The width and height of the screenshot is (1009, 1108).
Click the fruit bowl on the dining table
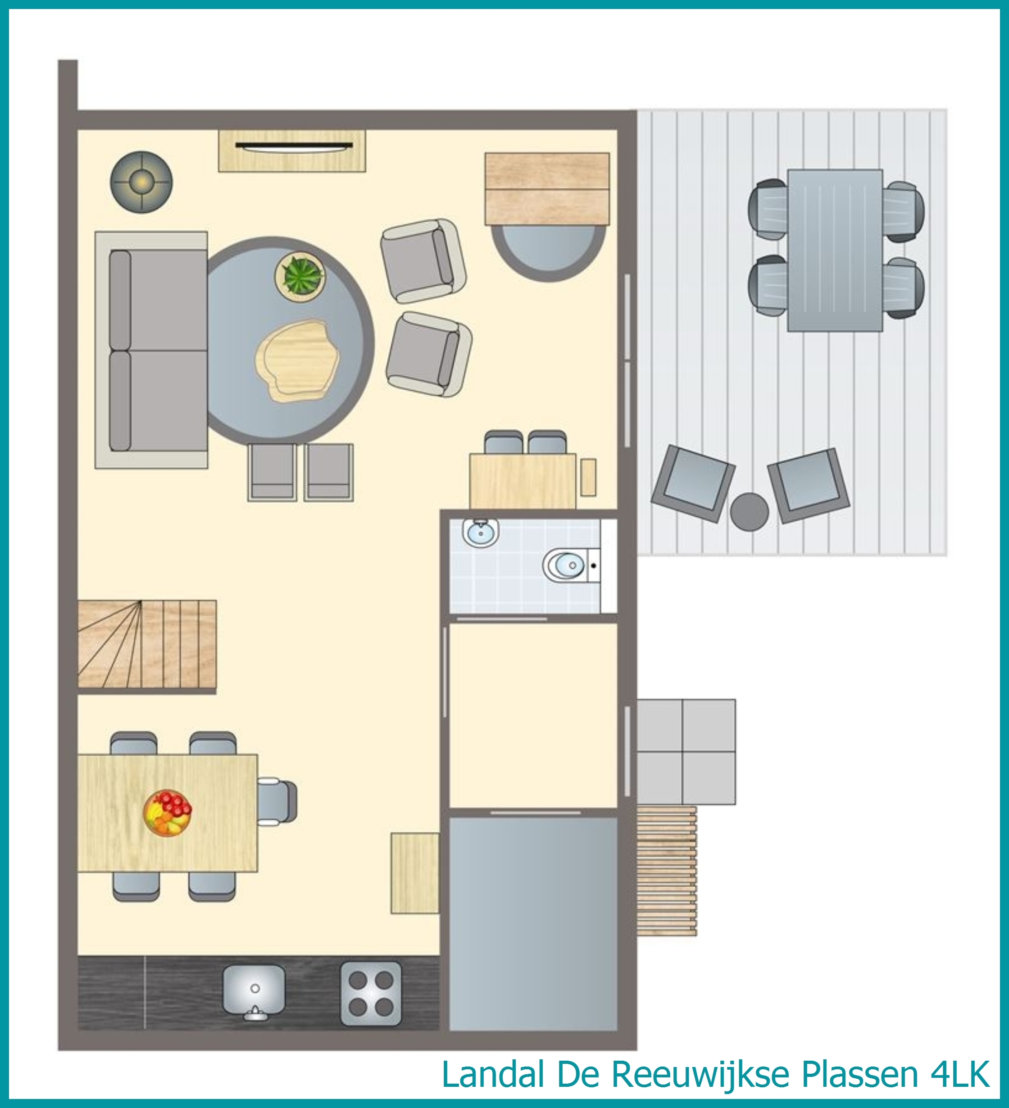168,813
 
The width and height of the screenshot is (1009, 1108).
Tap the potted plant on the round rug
300,276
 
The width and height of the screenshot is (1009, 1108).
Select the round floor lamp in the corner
141,182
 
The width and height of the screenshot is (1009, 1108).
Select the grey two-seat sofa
152,350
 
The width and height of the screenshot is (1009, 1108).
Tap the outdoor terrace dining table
835,250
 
